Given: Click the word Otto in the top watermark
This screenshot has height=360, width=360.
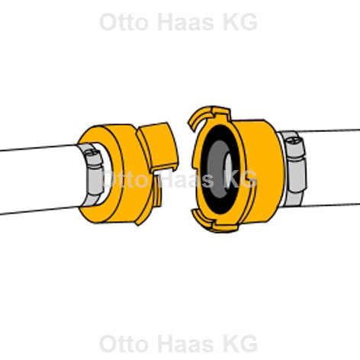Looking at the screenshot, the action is pyautogui.click(x=124, y=22).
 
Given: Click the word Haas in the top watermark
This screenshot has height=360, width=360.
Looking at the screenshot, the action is pyautogui.click(x=185, y=22).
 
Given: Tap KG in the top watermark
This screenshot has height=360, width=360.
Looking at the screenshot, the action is pyautogui.click(x=240, y=22).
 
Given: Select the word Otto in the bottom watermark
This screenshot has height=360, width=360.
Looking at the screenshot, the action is pyautogui.click(x=124, y=343).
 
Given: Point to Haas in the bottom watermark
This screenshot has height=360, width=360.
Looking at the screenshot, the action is pyautogui.click(x=185, y=343).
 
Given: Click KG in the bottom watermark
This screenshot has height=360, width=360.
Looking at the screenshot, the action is pyautogui.click(x=240, y=343).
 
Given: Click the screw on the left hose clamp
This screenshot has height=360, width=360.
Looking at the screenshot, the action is pyautogui.click(x=92, y=153).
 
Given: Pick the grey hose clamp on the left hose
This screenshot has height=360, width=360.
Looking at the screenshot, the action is pyautogui.click(x=94, y=175).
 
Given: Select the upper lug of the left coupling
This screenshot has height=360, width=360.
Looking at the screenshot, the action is pyautogui.click(x=159, y=146).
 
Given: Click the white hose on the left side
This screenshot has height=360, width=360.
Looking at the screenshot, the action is pyautogui.click(x=40, y=180).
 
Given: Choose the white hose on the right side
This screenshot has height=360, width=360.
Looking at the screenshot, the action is pyautogui.click(x=330, y=168).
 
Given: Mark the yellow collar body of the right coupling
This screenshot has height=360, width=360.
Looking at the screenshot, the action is pyautogui.click(x=262, y=170).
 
